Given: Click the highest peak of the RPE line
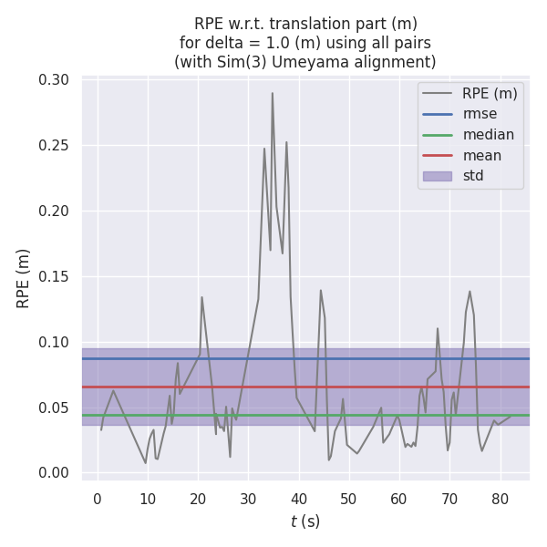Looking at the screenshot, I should (272, 92).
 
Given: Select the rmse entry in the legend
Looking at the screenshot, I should (479, 114).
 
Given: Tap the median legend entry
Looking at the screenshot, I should (488, 135).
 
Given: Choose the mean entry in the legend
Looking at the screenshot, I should (481, 155).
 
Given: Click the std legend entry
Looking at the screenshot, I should (473, 176).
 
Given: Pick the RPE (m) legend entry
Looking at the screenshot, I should (490, 93).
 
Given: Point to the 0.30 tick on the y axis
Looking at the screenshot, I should (54, 80).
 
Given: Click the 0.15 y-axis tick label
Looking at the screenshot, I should (54, 276).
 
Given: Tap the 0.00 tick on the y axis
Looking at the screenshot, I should (54, 472).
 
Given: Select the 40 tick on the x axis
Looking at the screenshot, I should (298, 500).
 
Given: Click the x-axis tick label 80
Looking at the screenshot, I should (500, 500).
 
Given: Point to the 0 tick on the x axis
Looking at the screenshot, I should (98, 500).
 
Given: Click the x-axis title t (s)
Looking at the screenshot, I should (305, 522).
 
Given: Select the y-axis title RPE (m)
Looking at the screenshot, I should (24, 277).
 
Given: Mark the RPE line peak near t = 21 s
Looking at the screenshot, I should (201, 296).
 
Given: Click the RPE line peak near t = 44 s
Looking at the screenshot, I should (321, 290).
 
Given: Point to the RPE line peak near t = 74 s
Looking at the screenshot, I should (470, 292).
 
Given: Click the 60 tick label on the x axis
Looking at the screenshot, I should (399, 500).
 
